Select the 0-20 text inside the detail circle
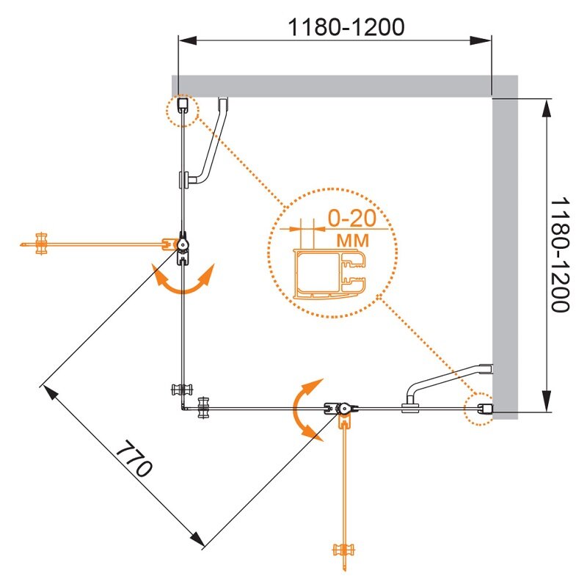(x=351, y=219)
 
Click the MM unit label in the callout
(x=352, y=239)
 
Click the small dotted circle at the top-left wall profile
(x=183, y=110)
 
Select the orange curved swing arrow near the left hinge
(x=183, y=282)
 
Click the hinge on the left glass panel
(x=182, y=245)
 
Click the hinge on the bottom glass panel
(x=342, y=410)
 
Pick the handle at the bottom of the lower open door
(x=343, y=552)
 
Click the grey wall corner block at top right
(x=505, y=86)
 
